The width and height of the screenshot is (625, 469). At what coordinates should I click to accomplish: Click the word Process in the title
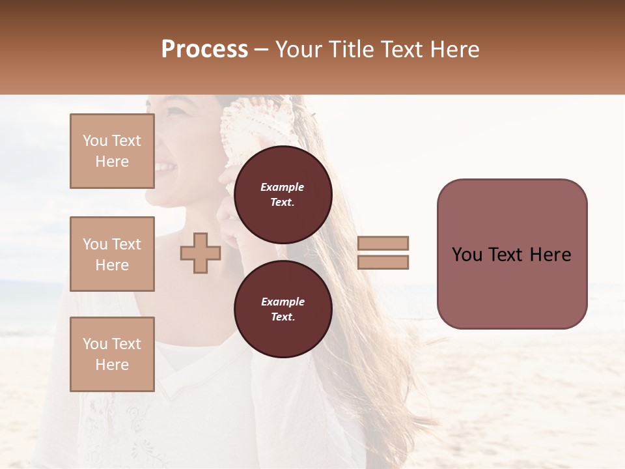pos(204,50)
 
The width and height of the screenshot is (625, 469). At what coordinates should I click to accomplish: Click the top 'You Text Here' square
pos(112,151)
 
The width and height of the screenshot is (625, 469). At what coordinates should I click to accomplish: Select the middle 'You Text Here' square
pos(112,254)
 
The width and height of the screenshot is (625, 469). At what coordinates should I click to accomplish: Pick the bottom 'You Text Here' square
pos(112,354)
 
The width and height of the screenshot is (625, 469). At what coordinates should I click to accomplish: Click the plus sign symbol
pos(200,253)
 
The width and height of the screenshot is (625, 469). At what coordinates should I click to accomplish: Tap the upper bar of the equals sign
pos(383,243)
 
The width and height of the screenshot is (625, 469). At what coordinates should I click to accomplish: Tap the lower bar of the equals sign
pos(383,262)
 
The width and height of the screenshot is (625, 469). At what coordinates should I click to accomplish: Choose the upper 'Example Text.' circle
pos(283,194)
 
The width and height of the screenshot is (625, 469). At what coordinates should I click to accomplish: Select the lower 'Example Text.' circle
pos(283,309)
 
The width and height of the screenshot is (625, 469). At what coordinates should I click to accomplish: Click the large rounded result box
pos(512,254)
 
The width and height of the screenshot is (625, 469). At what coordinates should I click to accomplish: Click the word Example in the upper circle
pos(282,187)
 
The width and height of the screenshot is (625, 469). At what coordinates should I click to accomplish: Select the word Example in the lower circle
pos(282,302)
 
